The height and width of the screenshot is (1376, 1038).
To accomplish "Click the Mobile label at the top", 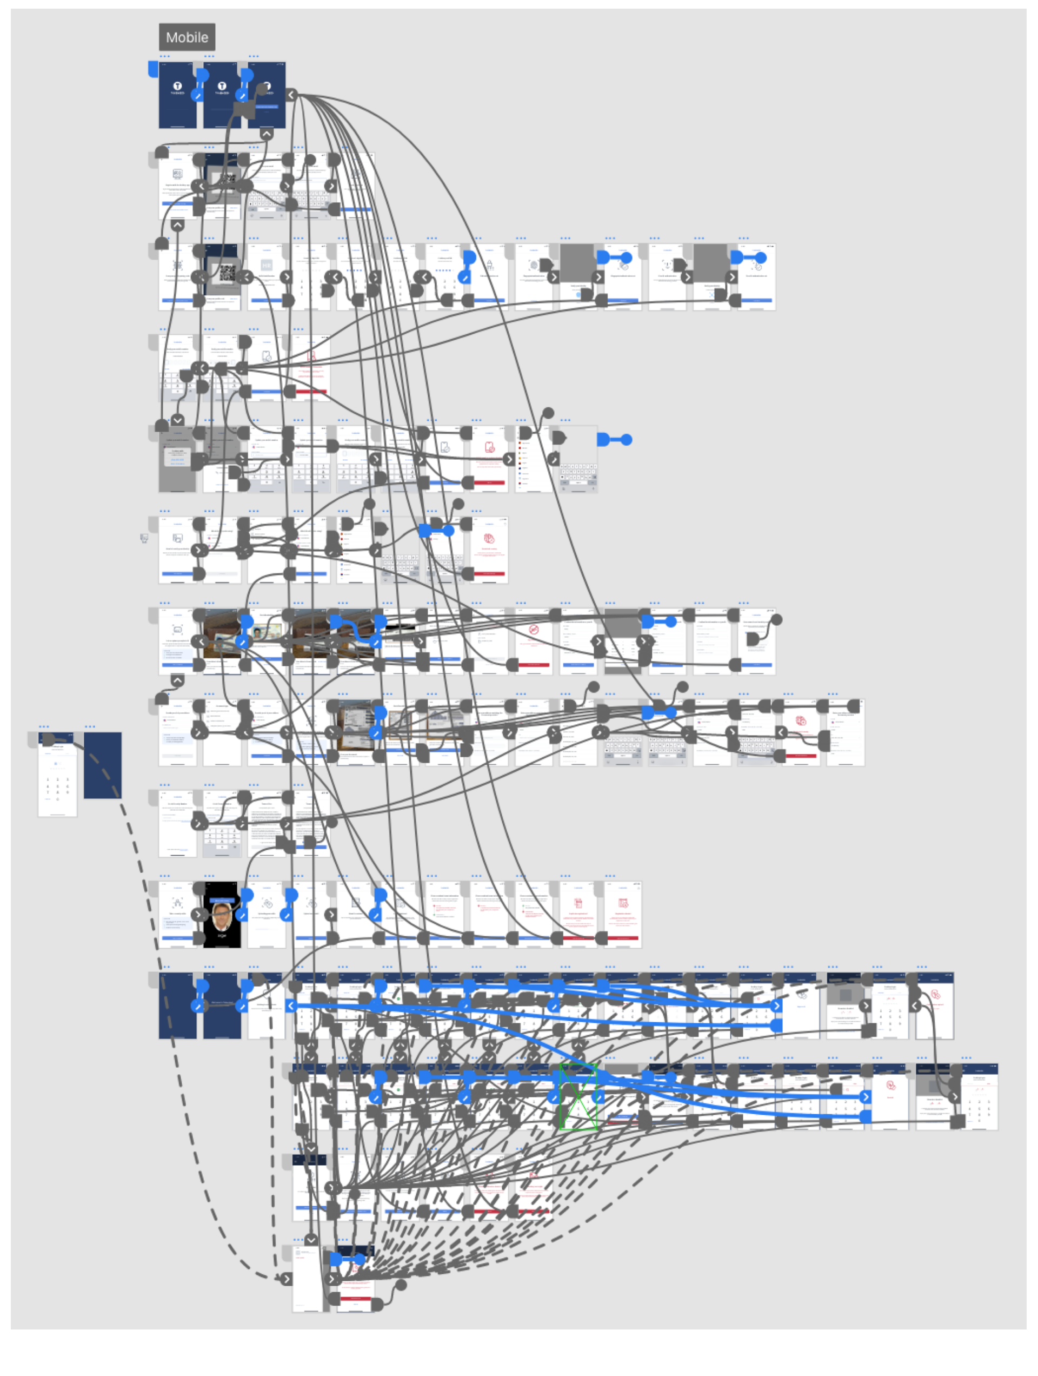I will click(187, 37).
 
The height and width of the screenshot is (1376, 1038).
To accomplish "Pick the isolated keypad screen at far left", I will click(57, 778).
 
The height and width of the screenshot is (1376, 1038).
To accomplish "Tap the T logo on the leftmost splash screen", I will click(177, 86).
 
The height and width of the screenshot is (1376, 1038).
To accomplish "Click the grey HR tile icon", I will click(266, 265).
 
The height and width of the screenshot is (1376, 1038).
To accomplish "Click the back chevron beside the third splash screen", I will click(291, 95).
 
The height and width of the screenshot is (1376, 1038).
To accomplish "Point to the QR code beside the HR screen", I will click(227, 272).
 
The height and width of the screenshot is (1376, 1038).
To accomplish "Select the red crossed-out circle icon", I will click(534, 630).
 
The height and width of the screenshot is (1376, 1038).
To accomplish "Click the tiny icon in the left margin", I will click(144, 538).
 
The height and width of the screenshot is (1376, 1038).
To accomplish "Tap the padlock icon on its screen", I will click(489, 264).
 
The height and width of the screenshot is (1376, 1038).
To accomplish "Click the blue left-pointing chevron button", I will click(291, 1006).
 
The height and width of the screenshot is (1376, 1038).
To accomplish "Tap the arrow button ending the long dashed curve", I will click(286, 1279).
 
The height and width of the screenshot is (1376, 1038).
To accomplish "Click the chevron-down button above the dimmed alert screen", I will click(177, 420).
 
